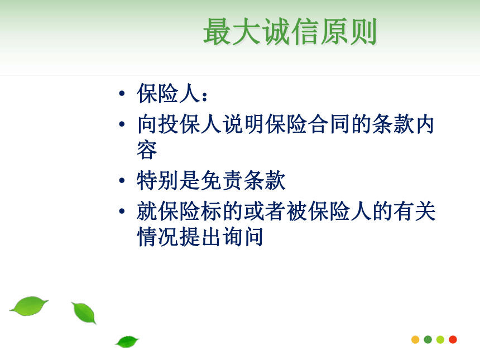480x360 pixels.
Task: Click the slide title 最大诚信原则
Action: (290, 31)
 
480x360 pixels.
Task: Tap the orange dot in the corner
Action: (415, 339)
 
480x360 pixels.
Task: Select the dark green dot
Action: (428, 339)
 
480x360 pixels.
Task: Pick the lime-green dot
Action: (440, 339)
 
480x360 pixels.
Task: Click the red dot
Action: (453, 339)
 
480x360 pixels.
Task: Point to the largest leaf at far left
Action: (29, 306)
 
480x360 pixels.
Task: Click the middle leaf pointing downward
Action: (84, 313)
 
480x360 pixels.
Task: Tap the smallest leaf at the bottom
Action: (127, 342)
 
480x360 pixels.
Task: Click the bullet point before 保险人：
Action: (122, 93)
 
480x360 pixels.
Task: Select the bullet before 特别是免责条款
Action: (122, 180)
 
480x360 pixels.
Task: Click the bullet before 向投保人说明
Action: (122, 124)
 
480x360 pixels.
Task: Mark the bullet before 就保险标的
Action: (122, 211)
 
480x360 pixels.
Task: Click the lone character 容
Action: (147, 150)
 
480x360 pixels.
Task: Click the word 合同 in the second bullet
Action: (329, 124)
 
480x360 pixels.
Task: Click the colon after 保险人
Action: (205, 97)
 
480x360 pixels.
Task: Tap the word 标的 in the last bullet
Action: (222, 211)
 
